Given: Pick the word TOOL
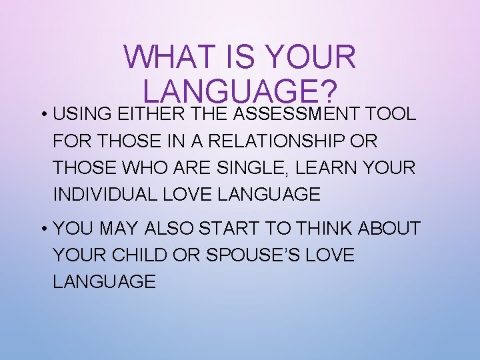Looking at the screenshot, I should [x=394, y=114].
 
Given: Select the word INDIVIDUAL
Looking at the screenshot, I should [x=104, y=195].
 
